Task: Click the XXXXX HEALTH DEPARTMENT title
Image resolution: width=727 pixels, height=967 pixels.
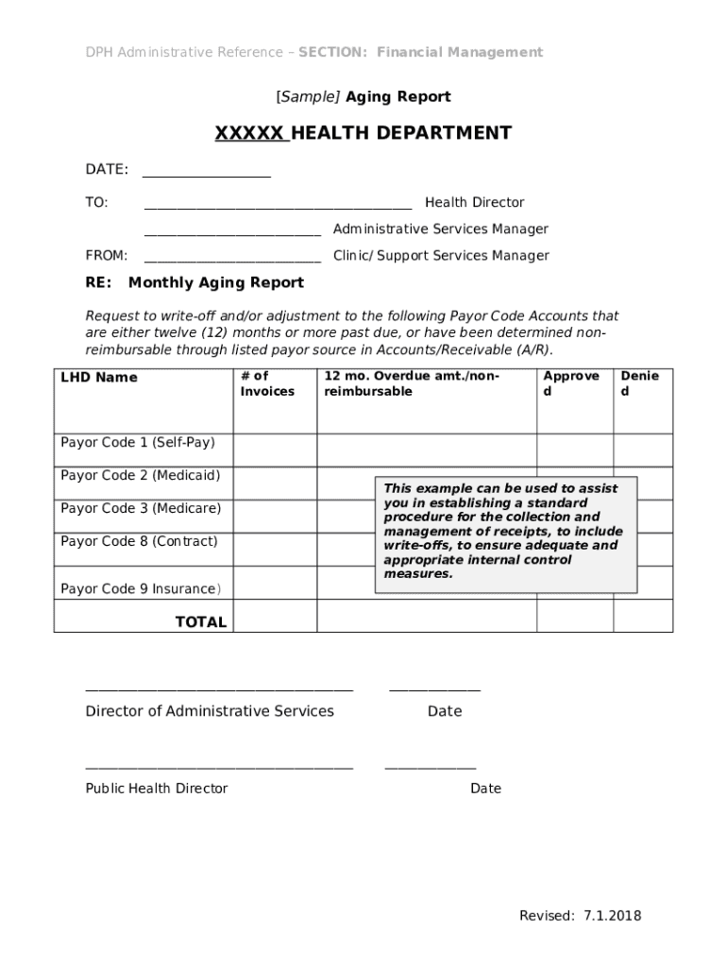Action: pos(363,133)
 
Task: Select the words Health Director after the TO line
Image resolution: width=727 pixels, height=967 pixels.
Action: pos(474,202)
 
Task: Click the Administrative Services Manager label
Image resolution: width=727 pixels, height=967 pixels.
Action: pos(440,229)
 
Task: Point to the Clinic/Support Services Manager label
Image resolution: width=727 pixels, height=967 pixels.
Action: pos(441,255)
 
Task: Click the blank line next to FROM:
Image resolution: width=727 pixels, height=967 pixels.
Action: pos(232,259)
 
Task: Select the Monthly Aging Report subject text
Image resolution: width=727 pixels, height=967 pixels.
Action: pos(216,282)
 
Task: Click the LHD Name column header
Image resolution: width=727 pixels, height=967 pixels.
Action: pos(99,378)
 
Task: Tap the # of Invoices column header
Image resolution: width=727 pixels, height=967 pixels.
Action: pos(267,383)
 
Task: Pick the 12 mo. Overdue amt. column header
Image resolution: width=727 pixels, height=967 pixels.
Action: pos(412,383)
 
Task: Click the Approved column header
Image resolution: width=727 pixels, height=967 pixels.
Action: pos(571,383)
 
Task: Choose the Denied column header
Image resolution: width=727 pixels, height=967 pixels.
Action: pos(639,383)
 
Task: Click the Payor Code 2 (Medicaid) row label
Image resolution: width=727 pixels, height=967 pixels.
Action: pos(140,475)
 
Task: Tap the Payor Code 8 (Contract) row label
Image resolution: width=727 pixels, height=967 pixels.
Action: pos(139,541)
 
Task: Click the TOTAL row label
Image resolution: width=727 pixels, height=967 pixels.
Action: pos(200,621)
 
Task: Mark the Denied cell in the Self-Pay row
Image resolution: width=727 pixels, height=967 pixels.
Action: pos(642,450)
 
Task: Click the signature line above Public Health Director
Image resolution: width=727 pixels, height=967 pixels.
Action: pos(219,769)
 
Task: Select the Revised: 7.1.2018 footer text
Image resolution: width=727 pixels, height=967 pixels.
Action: pos(580,915)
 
